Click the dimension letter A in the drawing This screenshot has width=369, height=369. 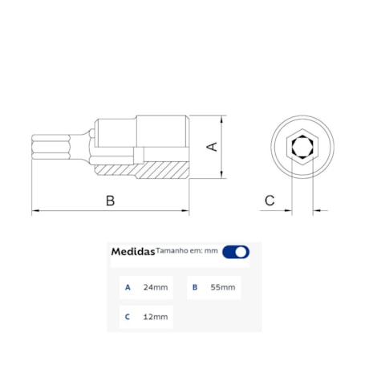point(213,146)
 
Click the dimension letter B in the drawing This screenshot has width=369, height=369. point(111,201)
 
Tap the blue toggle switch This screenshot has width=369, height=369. point(236,252)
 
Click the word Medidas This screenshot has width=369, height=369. point(132,252)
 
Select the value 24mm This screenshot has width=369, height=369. point(156,287)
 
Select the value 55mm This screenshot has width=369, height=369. point(223,287)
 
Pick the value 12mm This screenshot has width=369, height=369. point(156,317)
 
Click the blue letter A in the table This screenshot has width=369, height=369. point(127,287)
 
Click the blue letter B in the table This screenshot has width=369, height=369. point(194,287)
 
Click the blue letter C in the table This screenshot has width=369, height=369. point(127,317)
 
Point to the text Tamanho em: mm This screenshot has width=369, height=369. point(187,250)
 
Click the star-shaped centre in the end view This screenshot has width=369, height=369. point(302,147)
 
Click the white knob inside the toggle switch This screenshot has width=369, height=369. point(241,252)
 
